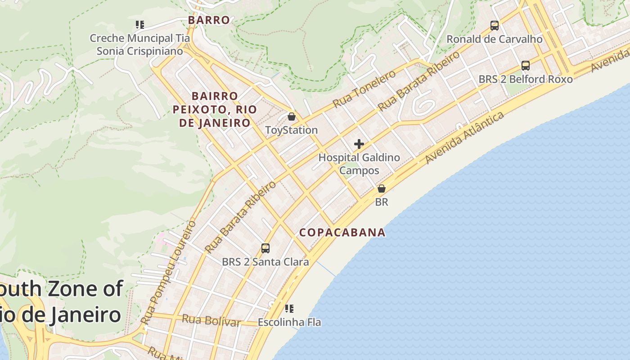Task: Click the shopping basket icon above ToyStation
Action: [x=292, y=117]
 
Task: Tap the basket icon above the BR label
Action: [x=382, y=189]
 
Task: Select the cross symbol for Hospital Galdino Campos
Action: [x=359, y=144]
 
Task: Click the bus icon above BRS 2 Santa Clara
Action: [x=265, y=248]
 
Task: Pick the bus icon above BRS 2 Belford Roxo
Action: [x=526, y=65]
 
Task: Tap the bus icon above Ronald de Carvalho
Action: [x=495, y=26]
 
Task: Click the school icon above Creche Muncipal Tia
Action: [x=140, y=25]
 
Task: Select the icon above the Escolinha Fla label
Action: [x=289, y=309]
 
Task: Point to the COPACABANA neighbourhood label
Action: [x=342, y=232]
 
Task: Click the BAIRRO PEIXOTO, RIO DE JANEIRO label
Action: [x=215, y=109]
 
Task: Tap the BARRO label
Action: [x=209, y=20]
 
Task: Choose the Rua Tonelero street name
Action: [x=364, y=89]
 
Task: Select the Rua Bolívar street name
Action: [x=211, y=321]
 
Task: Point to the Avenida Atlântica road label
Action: [x=464, y=138]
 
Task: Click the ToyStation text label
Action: [x=292, y=130]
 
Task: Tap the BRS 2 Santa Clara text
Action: [x=265, y=262]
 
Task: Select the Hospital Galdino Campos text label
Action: [x=359, y=164]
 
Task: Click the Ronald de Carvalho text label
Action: [x=495, y=39]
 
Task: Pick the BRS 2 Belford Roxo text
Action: [x=526, y=79]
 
